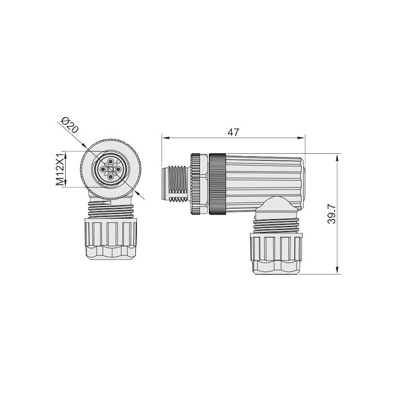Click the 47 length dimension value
pyautogui.click(x=234, y=132)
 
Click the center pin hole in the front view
pyautogui.click(x=109, y=169)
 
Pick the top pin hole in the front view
pyautogui.click(x=109, y=162)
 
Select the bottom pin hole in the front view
pyautogui.click(x=109, y=177)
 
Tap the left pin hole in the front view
pyautogui.click(x=102, y=169)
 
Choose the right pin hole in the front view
pyautogui.click(x=117, y=169)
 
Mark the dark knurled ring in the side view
pyautogui.click(x=217, y=184)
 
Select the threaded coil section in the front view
pyautogui.click(x=111, y=211)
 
